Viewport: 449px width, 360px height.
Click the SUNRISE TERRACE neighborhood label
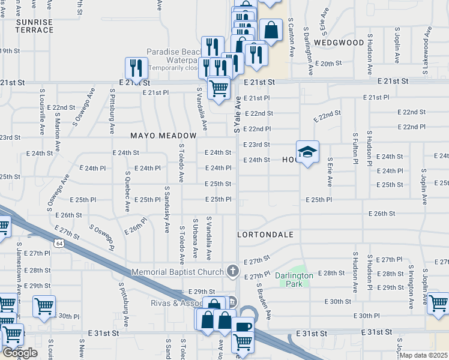point(34,25)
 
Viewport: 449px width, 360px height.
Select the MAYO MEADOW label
point(164,136)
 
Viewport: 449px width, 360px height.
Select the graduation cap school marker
point(307,152)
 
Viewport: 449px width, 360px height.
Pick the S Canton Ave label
point(291,36)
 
